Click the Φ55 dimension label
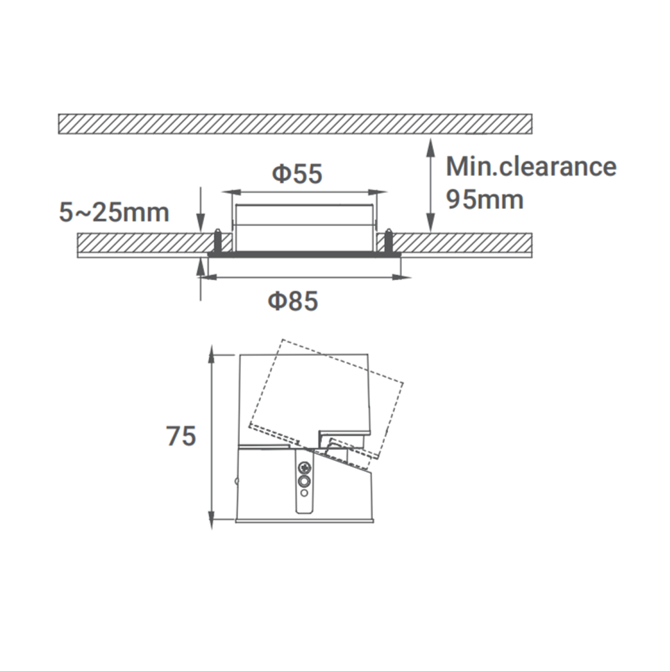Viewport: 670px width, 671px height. click(x=297, y=174)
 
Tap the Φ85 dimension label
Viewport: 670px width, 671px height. click(x=293, y=300)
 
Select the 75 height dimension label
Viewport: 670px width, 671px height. click(x=181, y=436)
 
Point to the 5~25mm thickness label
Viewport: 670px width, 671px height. click(x=114, y=213)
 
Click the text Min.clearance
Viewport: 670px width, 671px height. click(x=531, y=166)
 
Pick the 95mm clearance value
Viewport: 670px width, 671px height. click(x=484, y=199)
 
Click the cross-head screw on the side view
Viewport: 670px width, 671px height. click(x=305, y=467)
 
